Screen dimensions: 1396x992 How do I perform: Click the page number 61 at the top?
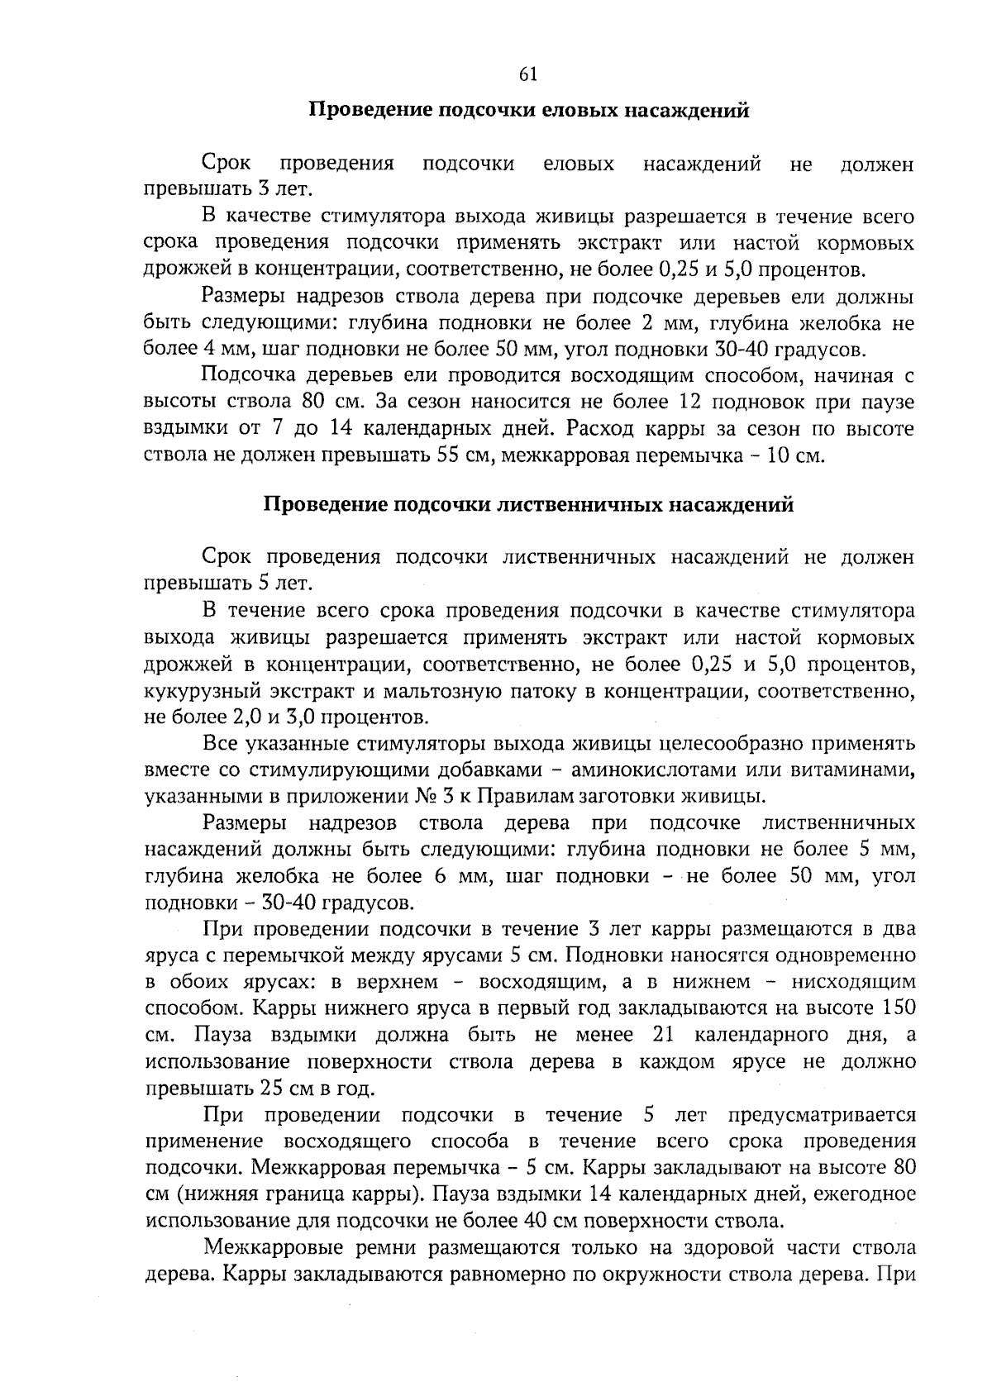tap(528, 74)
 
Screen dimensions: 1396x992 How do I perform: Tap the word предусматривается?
tap(822, 1115)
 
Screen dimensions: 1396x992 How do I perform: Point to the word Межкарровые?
tap(270, 1247)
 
